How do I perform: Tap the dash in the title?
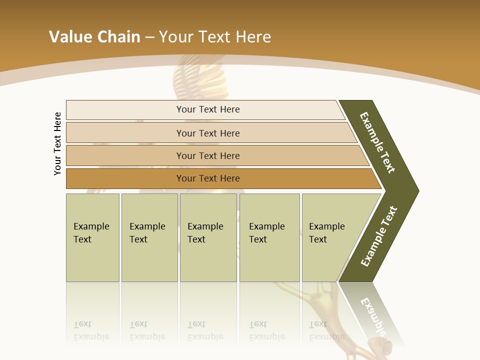149,37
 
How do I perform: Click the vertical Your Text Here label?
57,143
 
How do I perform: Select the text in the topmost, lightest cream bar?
208,109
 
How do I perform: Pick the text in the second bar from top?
208,133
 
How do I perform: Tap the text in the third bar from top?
208,155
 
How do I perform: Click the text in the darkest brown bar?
208,178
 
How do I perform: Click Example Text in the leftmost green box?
91,233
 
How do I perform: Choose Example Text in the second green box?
147,233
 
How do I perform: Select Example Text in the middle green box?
205,233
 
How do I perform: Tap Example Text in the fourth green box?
266,233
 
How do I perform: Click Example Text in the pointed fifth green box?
326,233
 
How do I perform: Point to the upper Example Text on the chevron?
377,142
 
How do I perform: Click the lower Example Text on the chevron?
379,236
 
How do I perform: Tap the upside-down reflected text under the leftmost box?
91,330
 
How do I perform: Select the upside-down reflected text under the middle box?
205,330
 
